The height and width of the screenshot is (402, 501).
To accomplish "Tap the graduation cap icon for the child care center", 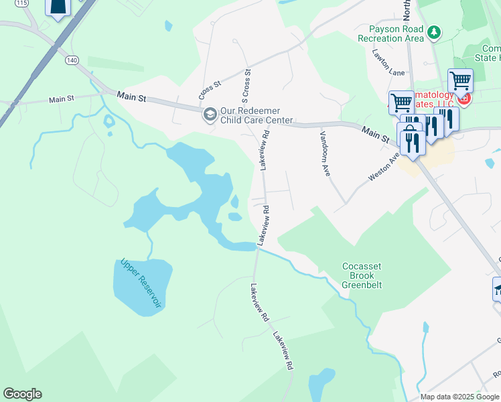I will point(210,115).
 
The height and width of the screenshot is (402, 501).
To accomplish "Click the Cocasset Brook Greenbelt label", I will point(362,275).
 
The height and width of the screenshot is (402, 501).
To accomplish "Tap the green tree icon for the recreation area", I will point(434,31).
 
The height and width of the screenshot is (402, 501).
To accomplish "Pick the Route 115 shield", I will point(23,3).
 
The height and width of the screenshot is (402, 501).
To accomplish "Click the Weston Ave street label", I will point(384,166).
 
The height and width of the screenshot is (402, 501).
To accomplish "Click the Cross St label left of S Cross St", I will point(210,87).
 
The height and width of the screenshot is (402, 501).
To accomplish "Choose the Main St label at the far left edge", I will point(61,99).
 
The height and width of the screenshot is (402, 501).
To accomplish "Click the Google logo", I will point(22,394).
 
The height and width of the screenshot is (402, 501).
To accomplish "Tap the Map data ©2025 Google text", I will point(459,397).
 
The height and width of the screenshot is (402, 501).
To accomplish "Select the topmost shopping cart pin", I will point(459,81).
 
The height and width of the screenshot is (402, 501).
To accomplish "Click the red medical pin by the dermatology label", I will point(464,100).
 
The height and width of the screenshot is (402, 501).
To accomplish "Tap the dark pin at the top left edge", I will point(59,7).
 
